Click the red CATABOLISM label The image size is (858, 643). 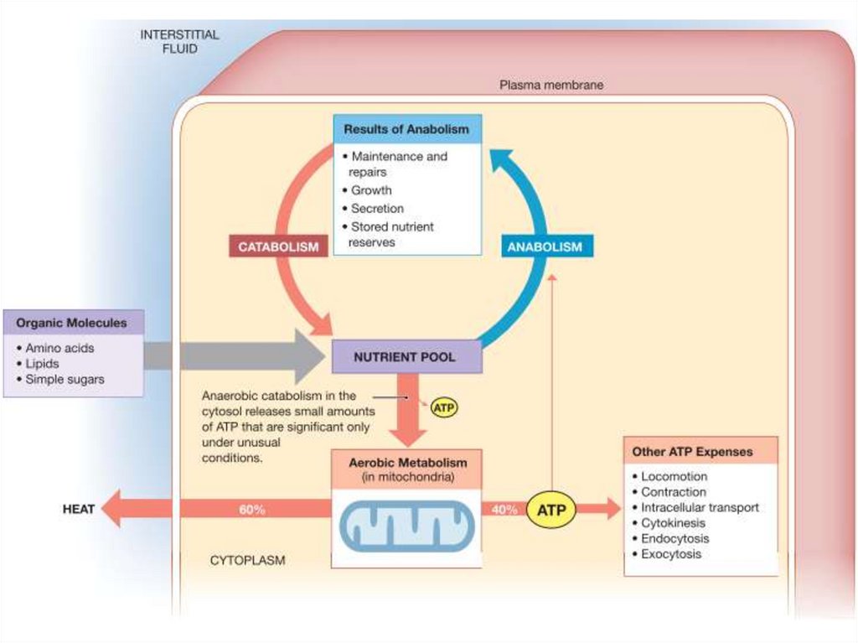coord(278,246)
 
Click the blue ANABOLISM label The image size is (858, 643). coord(544,246)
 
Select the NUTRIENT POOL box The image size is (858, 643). coord(406,356)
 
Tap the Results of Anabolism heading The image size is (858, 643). coord(406,130)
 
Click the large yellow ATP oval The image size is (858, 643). coord(550,510)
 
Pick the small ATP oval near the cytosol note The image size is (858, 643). coord(444,408)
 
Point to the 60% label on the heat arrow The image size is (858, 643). coord(251,510)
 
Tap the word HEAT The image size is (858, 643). coord(78,509)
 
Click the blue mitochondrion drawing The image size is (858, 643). coord(406,526)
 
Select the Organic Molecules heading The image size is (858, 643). coord(72,323)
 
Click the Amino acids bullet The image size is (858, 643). coord(59,348)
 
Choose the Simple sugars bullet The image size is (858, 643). coord(65,379)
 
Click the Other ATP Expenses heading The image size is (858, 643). coord(692,452)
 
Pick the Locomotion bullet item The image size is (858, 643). coord(674,476)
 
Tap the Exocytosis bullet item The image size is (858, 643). coord(671,554)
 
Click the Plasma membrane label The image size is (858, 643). coord(551,85)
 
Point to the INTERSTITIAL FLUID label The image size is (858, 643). coord(179,42)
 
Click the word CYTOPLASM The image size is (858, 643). coord(247,560)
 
